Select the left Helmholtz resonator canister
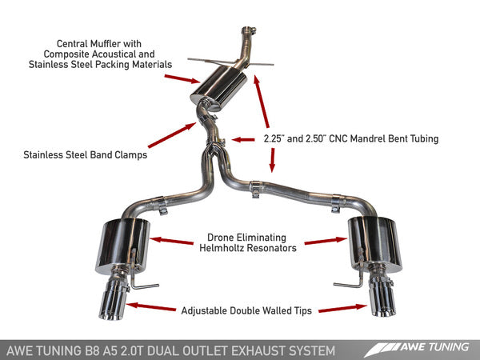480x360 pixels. pyautogui.click(x=122, y=245)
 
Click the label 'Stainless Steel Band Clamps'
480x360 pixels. pyautogui.click(x=86, y=156)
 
